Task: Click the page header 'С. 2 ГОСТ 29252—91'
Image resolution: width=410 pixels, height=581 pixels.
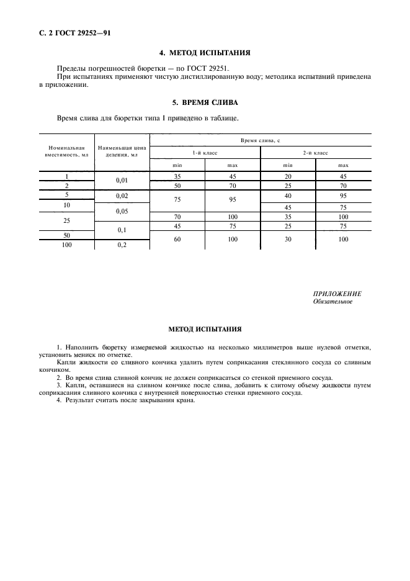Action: pos(71,32)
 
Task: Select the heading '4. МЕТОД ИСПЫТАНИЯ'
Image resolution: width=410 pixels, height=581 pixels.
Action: pos(205,53)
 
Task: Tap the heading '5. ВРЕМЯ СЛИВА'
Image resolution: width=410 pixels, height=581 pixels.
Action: pos(205,101)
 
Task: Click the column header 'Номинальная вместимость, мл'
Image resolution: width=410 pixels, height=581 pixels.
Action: pos(66,151)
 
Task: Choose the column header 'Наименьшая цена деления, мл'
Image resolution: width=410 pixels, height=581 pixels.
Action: pos(122,151)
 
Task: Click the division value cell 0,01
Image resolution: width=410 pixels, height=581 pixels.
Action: pos(122,181)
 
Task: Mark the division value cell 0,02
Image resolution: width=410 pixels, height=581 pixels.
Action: pos(122,195)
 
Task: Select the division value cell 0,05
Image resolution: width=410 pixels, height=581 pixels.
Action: pos(122,211)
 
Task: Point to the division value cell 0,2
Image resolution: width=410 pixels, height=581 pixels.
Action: pos(122,245)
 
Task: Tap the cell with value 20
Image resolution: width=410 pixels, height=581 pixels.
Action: pos(288,176)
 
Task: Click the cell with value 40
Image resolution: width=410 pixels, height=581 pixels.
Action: pos(288,195)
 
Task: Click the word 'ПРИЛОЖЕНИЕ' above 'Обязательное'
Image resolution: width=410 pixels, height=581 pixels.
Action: pos(337,294)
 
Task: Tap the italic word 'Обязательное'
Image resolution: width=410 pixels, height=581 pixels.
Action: pos(333,302)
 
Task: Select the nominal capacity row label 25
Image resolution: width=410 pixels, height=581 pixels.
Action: pos(66,220)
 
